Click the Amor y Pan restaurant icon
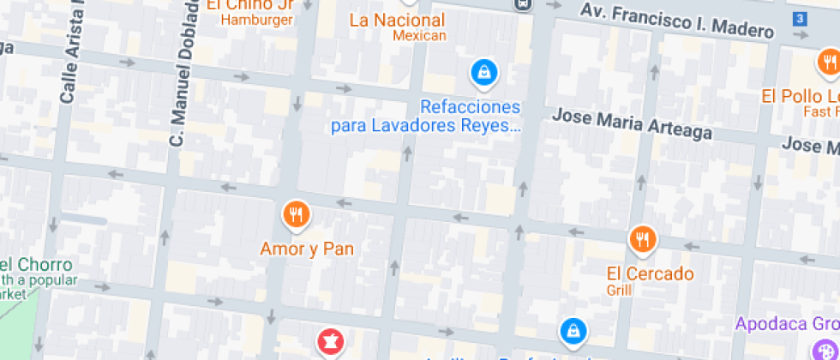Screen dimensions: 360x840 [296, 215]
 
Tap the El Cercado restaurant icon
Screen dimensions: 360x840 [642, 241]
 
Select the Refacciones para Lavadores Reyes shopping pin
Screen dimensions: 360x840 [484, 72]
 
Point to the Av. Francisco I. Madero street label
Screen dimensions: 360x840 [676, 21]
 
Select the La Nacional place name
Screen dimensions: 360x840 [397, 20]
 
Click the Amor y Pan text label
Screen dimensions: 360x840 [307, 249]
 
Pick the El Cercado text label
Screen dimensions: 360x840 [650, 274]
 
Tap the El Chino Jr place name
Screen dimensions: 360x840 [251, 4]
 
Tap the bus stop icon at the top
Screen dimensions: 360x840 [521, 3]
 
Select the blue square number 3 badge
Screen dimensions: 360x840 [800, 19]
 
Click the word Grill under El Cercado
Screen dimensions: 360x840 [619, 291]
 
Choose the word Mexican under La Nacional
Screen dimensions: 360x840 [419, 36]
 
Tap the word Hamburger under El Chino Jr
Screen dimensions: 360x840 [257, 20]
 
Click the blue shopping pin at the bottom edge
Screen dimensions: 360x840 [573, 331]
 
